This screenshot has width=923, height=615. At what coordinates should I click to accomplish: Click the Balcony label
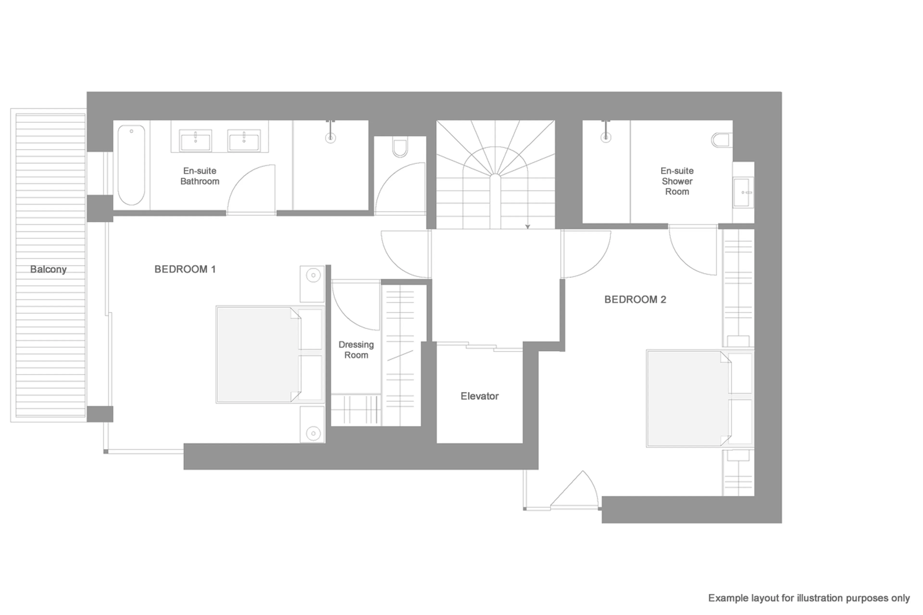click(48, 269)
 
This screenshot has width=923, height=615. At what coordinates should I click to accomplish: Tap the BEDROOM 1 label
click(185, 269)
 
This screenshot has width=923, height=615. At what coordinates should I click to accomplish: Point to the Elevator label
click(479, 396)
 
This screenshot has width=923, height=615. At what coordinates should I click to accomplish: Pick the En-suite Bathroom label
click(200, 176)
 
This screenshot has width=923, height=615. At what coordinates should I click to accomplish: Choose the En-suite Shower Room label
click(677, 181)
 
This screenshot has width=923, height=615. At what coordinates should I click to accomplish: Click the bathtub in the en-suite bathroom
click(131, 165)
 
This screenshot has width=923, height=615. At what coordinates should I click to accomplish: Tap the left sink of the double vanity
click(195, 140)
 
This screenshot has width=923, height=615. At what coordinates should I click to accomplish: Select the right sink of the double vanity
click(243, 140)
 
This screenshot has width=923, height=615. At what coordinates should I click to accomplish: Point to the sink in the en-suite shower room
click(742, 192)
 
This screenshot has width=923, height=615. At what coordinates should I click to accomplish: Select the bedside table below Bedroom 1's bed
click(313, 425)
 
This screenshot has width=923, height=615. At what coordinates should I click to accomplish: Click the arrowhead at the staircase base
click(528, 227)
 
